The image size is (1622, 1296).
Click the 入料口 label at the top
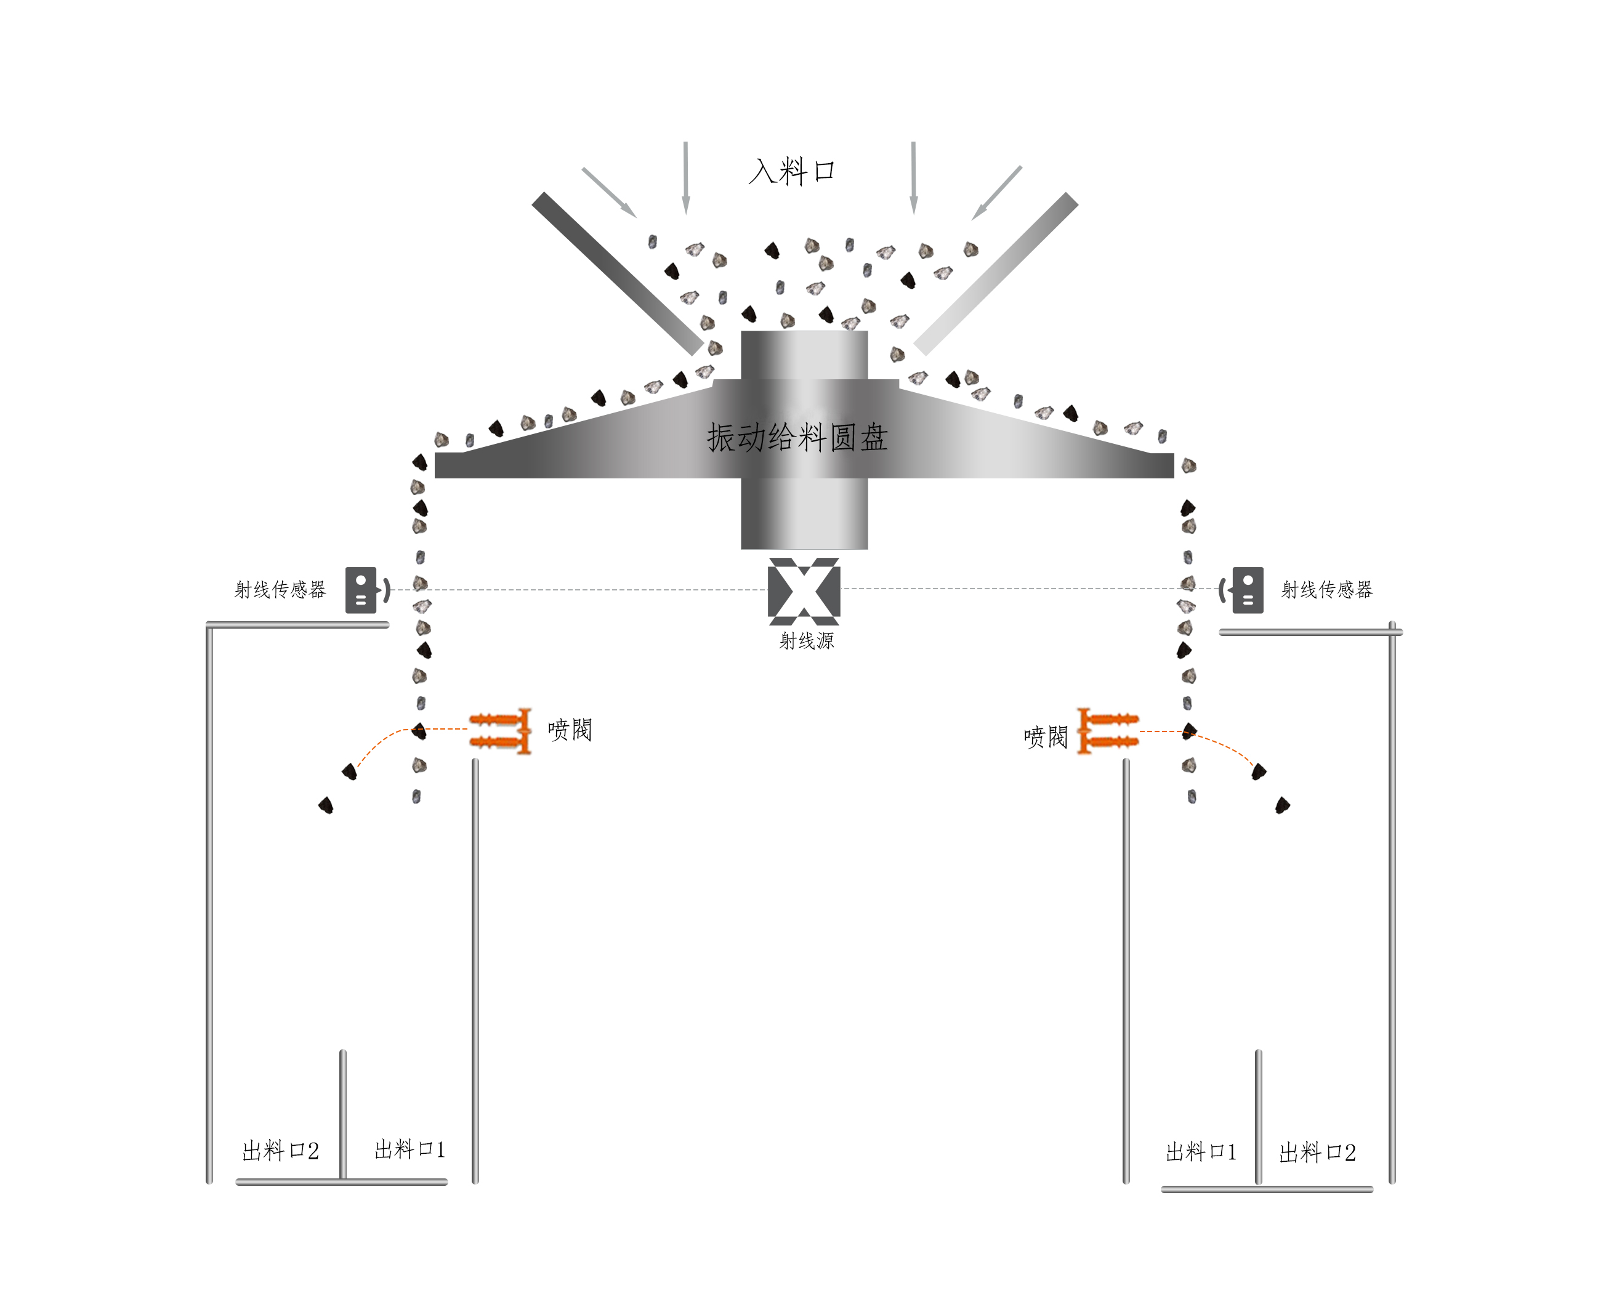coord(791,172)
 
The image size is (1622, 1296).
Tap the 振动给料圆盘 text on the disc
coord(797,437)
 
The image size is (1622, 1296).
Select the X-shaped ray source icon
coord(804,591)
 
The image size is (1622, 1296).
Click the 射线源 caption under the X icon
coord(807,641)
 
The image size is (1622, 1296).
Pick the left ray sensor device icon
coord(361,590)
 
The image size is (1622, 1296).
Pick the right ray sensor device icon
coord(1248,590)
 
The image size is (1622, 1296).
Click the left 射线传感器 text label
coord(280,590)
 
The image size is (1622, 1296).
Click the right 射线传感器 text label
coord(1327,590)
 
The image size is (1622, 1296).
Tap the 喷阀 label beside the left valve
coord(570,730)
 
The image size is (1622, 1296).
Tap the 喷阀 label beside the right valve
coord(1046,737)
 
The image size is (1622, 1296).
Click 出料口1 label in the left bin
coord(410,1149)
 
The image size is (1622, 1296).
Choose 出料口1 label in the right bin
coord(1201,1153)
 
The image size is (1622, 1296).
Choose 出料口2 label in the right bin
coord(1317,1153)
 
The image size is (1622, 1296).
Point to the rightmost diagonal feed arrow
coord(997,193)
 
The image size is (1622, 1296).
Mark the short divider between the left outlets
coord(343,1113)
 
